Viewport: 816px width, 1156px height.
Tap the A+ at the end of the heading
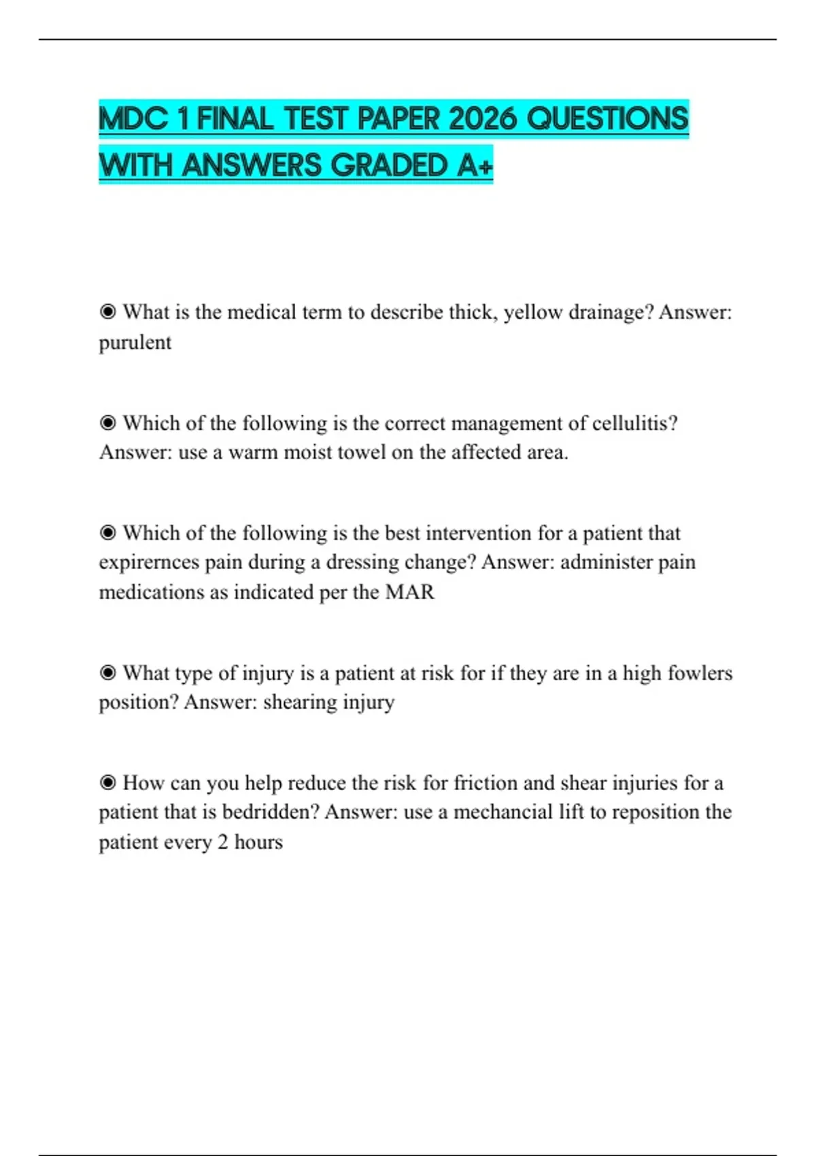pos(474,165)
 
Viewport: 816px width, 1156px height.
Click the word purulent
pos(135,342)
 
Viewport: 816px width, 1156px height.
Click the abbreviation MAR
pos(409,592)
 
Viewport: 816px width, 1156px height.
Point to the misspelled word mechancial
pos(503,812)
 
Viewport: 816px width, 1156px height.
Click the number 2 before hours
pos(222,842)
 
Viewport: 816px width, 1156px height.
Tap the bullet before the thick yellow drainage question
pos(107,312)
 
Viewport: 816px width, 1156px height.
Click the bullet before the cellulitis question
pos(107,423)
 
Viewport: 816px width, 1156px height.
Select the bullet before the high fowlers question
pos(107,673)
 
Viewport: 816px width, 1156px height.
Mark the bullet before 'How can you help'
pos(107,783)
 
